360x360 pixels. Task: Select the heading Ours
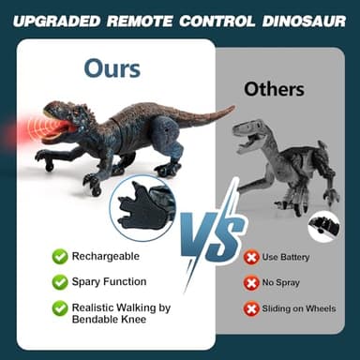112,67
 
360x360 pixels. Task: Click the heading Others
274,89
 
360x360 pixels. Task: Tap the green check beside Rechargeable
60,256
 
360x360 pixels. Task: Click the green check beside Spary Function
60,281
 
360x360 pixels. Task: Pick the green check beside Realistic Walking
60,307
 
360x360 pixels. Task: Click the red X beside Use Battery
251,257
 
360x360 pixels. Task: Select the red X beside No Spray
251,282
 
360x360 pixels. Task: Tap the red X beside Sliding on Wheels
251,307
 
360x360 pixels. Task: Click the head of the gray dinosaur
249,131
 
